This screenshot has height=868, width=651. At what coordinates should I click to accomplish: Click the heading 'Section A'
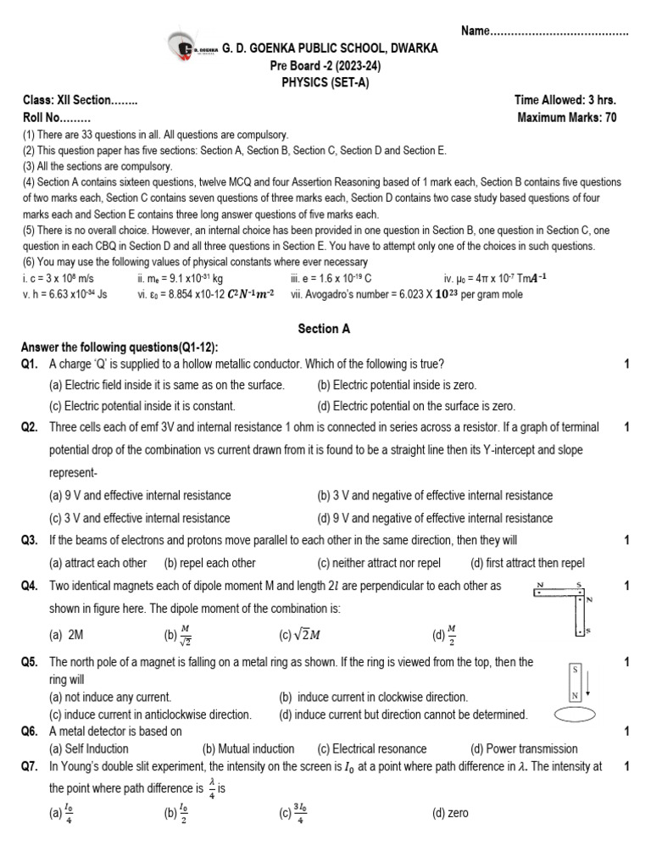(325, 329)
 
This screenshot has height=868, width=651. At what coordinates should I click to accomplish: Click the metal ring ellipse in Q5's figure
(576, 715)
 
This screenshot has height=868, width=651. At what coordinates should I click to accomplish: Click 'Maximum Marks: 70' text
(566, 118)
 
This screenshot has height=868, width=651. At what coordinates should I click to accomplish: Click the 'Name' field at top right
(544, 31)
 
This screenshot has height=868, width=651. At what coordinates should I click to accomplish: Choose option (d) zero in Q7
(449, 813)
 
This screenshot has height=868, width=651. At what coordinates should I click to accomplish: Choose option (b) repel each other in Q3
(209, 563)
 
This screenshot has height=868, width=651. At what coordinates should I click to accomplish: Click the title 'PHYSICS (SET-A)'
(325, 82)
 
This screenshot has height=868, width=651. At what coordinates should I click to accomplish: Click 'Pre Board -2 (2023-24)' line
(325, 66)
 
